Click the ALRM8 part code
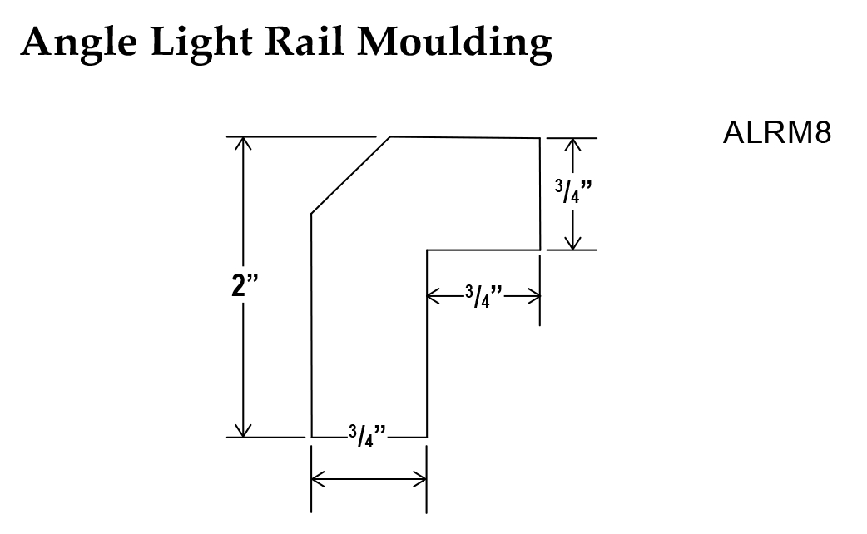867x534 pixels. coord(776,133)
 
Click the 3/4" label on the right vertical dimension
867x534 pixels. coord(572,193)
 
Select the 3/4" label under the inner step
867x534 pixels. coord(483,295)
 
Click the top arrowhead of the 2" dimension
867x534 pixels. coord(243,142)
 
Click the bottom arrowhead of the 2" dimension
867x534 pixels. coord(243,430)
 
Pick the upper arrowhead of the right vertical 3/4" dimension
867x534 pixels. coord(572,144)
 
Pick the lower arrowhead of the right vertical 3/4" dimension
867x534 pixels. coord(572,244)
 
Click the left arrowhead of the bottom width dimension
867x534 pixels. coord(317,478)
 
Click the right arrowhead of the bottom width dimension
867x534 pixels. coord(421,478)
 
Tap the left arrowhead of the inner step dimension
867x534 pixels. coord(433,294)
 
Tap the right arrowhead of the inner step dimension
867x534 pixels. coord(535,294)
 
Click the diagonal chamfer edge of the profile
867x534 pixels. coord(350,176)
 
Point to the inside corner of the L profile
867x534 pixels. coord(427,250)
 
